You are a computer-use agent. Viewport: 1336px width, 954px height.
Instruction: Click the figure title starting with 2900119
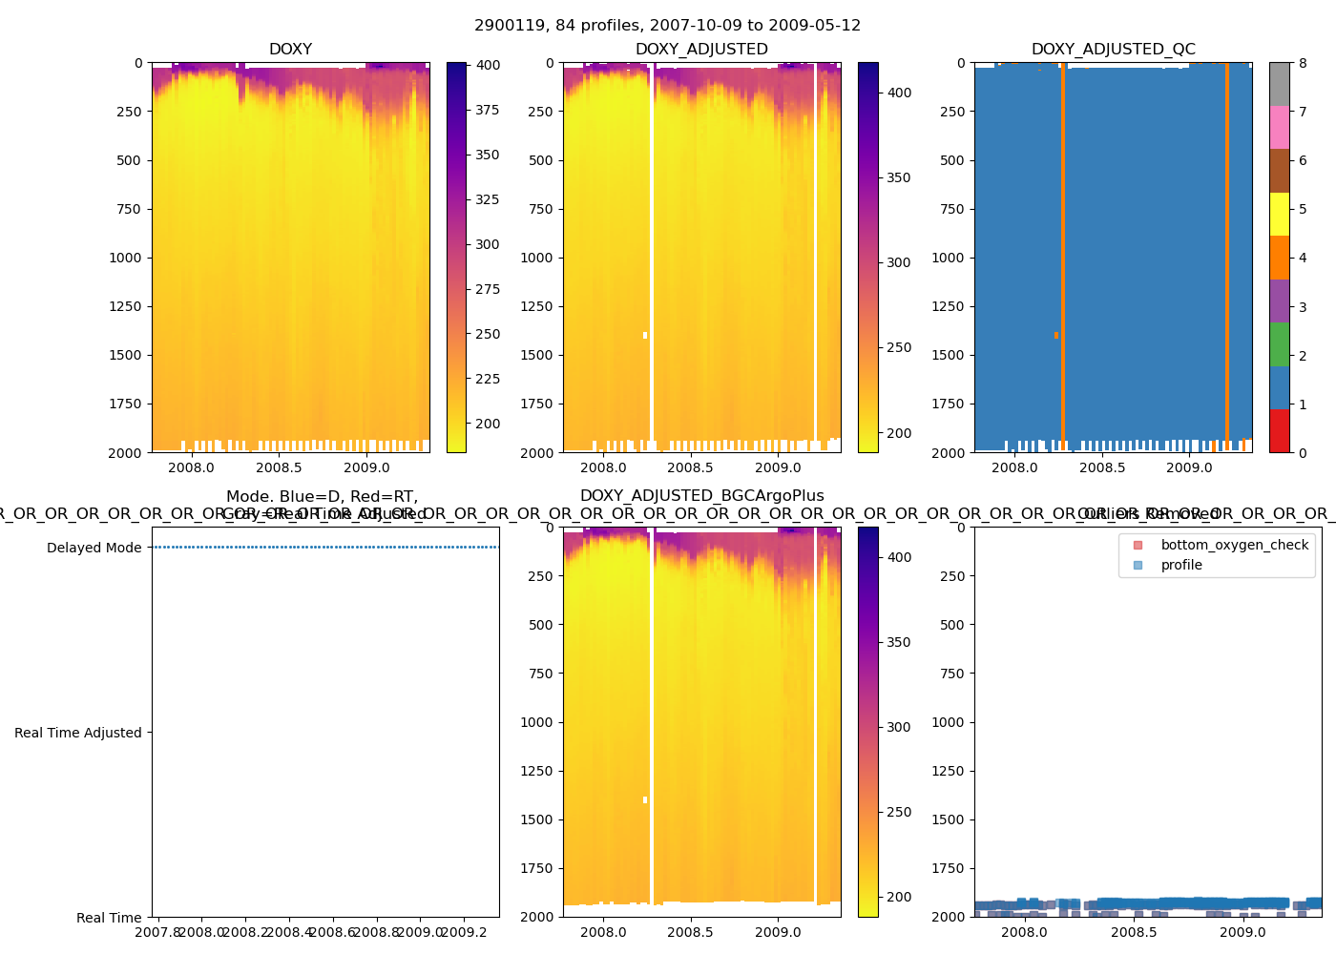click(667, 26)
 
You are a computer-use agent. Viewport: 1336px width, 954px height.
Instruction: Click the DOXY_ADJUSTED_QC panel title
click(1113, 50)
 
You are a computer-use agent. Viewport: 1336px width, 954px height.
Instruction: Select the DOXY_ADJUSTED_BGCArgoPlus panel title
click(701, 496)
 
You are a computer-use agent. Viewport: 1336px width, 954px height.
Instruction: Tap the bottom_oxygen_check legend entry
click(1234, 545)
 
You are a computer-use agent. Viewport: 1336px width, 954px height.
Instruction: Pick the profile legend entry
click(1181, 565)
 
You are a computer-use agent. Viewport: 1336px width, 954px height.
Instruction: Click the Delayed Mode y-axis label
click(94, 548)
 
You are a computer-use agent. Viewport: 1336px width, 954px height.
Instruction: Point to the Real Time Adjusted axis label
click(78, 733)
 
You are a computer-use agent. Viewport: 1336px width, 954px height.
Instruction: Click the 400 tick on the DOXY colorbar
click(488, 65)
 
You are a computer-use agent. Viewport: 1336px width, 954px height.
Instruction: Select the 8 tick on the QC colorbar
click(1303, 63)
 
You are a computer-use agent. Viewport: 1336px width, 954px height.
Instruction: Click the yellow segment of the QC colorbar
click(1279, 214)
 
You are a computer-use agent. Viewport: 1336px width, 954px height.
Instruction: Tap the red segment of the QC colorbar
click(1279, 430)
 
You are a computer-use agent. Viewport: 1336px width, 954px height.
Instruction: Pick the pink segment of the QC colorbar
click(1279, 127)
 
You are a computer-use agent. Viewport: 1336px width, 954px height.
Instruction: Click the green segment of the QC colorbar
click(1279, 343)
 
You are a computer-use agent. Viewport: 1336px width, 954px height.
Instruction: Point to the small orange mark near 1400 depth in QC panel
click(1056, 335)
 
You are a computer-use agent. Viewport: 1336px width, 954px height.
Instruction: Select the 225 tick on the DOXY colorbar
click(488, 379)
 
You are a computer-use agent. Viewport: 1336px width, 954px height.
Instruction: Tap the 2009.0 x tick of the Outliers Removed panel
click(1242, 932)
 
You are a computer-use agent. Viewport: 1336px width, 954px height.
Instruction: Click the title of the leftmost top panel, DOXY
click(290, 50)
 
